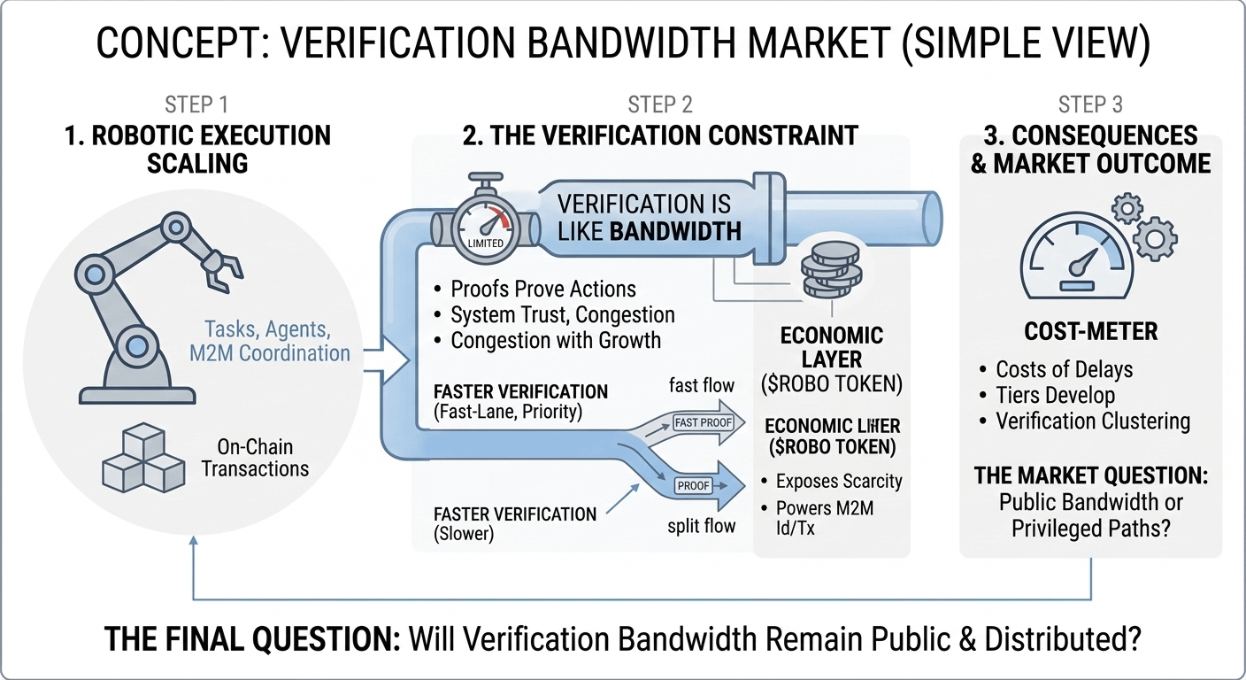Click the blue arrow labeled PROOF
[x=699, y=484]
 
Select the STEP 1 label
[x=196, y=105]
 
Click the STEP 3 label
[x=1090, y=105]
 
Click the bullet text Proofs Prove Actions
[x=543, y=290]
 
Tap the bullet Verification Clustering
[x=1093, y=421]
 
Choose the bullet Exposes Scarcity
[x=838, y=482]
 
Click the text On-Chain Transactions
[x=255, y=459]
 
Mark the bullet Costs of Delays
[x=1065, y=369]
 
